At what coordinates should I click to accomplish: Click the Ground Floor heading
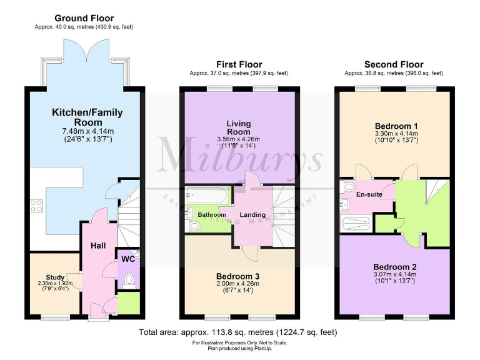(x=84, y=18)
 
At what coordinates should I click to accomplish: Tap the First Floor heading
(x=239, y=64)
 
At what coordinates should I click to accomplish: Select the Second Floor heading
(x=393, y=64)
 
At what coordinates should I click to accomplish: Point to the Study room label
(x=55, y=277)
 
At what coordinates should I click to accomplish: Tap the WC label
(x=128, y=259)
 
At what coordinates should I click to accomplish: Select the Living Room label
(x=239, y=127)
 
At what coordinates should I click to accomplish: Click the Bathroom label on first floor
(x=211, y=214)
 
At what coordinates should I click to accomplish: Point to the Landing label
(x=252, y=214)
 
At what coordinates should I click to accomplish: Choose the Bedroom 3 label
(x=237, y=276)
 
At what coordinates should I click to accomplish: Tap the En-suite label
(x=369, y=194)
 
